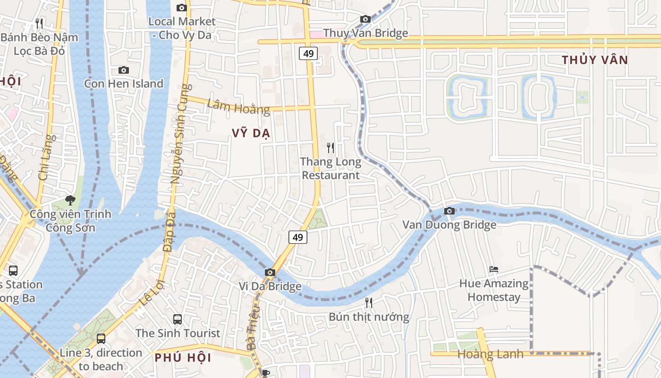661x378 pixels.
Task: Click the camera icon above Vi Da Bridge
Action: coord(270,272)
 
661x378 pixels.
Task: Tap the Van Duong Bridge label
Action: coord(449,224)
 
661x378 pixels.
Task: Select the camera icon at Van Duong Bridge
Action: coord(449,211)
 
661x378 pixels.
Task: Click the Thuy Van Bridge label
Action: coord(365,33)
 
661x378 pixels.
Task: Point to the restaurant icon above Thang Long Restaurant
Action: coord(330,148)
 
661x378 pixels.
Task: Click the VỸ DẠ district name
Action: coord(251,133)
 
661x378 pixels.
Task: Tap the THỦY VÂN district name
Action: coord(595,60)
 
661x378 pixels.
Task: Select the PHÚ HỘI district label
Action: coord(183,358)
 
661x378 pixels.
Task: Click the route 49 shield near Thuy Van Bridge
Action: coord(308,53)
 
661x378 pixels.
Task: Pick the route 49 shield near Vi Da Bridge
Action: coord(297,237)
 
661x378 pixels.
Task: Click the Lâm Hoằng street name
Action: coord(238,107)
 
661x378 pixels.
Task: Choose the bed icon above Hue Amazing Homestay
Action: coord(494,269)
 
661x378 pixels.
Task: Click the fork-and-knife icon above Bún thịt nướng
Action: coord(369,302)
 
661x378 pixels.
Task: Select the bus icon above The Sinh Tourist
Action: coord(178,319)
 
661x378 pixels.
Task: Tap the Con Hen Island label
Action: coord(124,84)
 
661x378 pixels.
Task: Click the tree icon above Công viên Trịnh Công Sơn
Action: coord(70,200)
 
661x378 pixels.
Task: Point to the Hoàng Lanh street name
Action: coord(490,354)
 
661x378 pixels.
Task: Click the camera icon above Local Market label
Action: coord(181,8)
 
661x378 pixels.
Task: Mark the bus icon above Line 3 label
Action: coord(101,338)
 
